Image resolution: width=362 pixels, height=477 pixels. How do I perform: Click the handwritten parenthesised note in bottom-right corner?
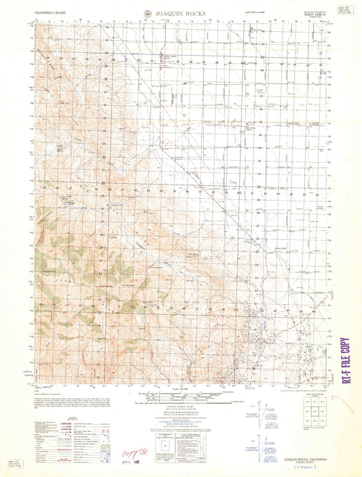click(309, 467)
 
